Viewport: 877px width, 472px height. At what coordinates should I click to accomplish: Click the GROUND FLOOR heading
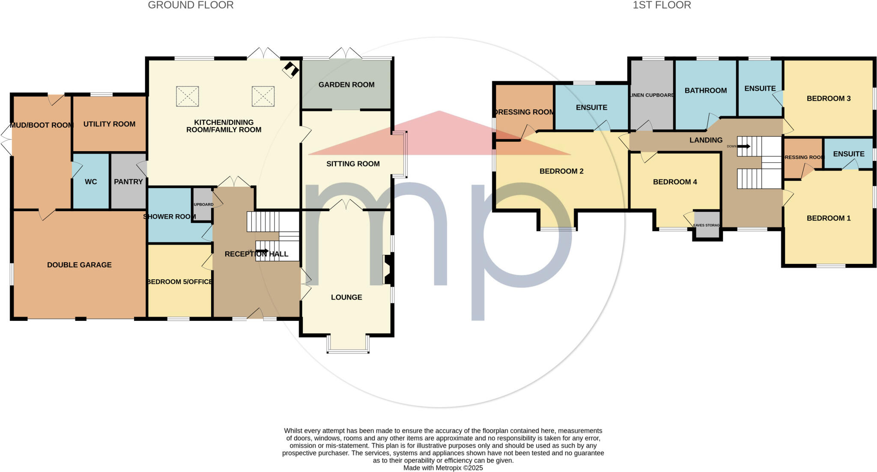tap(191, 6)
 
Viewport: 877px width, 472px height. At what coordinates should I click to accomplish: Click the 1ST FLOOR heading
tap(662, 6)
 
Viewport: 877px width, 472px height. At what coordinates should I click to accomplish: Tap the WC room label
tap(91, 182)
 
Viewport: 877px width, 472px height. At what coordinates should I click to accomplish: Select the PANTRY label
tap(128, 182)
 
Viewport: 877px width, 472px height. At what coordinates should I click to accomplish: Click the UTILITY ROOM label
tap(109, 124)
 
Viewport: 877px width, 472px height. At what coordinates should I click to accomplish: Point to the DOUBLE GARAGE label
tap(79, 265)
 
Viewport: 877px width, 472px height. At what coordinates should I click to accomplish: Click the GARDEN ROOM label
tap(346, 85)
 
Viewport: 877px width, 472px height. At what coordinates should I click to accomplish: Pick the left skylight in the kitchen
tap(188, 96)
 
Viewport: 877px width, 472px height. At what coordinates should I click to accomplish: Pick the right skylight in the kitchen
tap(263, 96)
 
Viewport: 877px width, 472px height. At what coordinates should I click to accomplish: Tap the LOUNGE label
tap(346, 297)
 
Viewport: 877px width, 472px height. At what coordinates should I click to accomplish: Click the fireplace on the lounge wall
tap(388, 270)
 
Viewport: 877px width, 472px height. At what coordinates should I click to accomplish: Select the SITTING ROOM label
tap(353, 164)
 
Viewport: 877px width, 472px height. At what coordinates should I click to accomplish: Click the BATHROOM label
tap(706, 90)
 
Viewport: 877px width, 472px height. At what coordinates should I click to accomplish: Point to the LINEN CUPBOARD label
tap(652, 95)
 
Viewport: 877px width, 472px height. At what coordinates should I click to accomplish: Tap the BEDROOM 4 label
tap(675, 182)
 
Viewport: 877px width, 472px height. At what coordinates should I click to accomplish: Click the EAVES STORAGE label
tap(707, 225)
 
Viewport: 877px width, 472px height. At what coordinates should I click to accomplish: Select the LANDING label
tap(706, 140)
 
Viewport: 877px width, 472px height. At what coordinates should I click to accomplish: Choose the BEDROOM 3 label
tap(829, 99)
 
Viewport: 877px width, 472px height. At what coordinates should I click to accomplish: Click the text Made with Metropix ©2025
tap(443, 468)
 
